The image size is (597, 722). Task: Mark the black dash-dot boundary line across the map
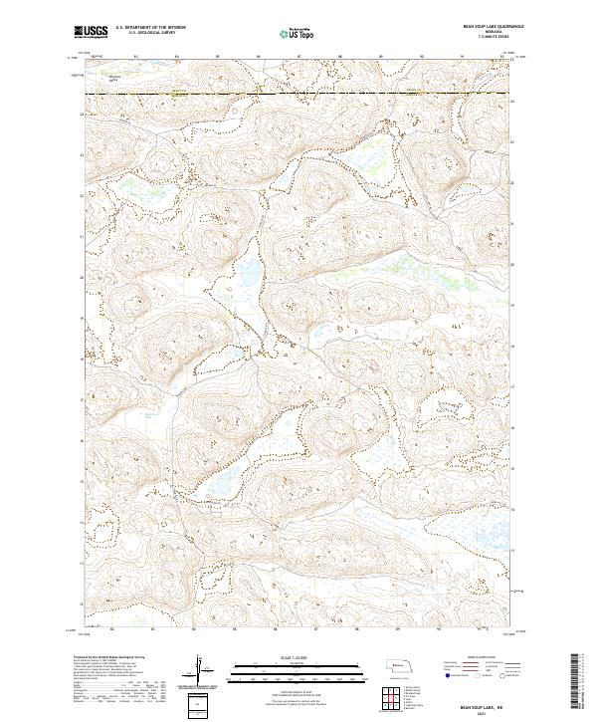298,95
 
